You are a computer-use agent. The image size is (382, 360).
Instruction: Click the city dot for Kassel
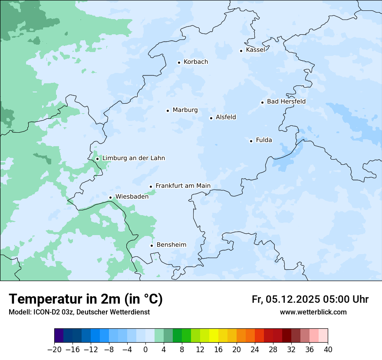[241, 51]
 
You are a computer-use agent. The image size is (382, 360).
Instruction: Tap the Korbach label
[195, 62]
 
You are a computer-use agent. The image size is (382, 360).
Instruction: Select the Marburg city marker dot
[168, 111]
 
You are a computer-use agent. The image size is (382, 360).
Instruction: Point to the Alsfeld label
[226, 117]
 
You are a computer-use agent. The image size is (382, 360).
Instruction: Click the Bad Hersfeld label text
[286, 101]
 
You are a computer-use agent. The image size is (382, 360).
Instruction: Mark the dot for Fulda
[251, 141]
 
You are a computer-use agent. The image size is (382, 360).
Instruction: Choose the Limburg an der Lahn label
[133, 158]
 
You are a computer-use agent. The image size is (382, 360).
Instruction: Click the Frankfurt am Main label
[183, 186]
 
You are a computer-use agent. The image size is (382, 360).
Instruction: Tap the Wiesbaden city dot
[110, 198]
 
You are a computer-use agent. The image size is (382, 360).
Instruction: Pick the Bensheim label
[171, 245]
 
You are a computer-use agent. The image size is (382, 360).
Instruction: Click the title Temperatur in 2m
[86, 299]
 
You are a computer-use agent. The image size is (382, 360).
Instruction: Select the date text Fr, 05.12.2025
[286, 299]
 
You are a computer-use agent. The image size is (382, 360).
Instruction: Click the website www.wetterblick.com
[313, 312]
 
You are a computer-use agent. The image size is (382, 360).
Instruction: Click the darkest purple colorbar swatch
[59, 336]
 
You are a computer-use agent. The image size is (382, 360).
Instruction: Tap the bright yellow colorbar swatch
[214, 336]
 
